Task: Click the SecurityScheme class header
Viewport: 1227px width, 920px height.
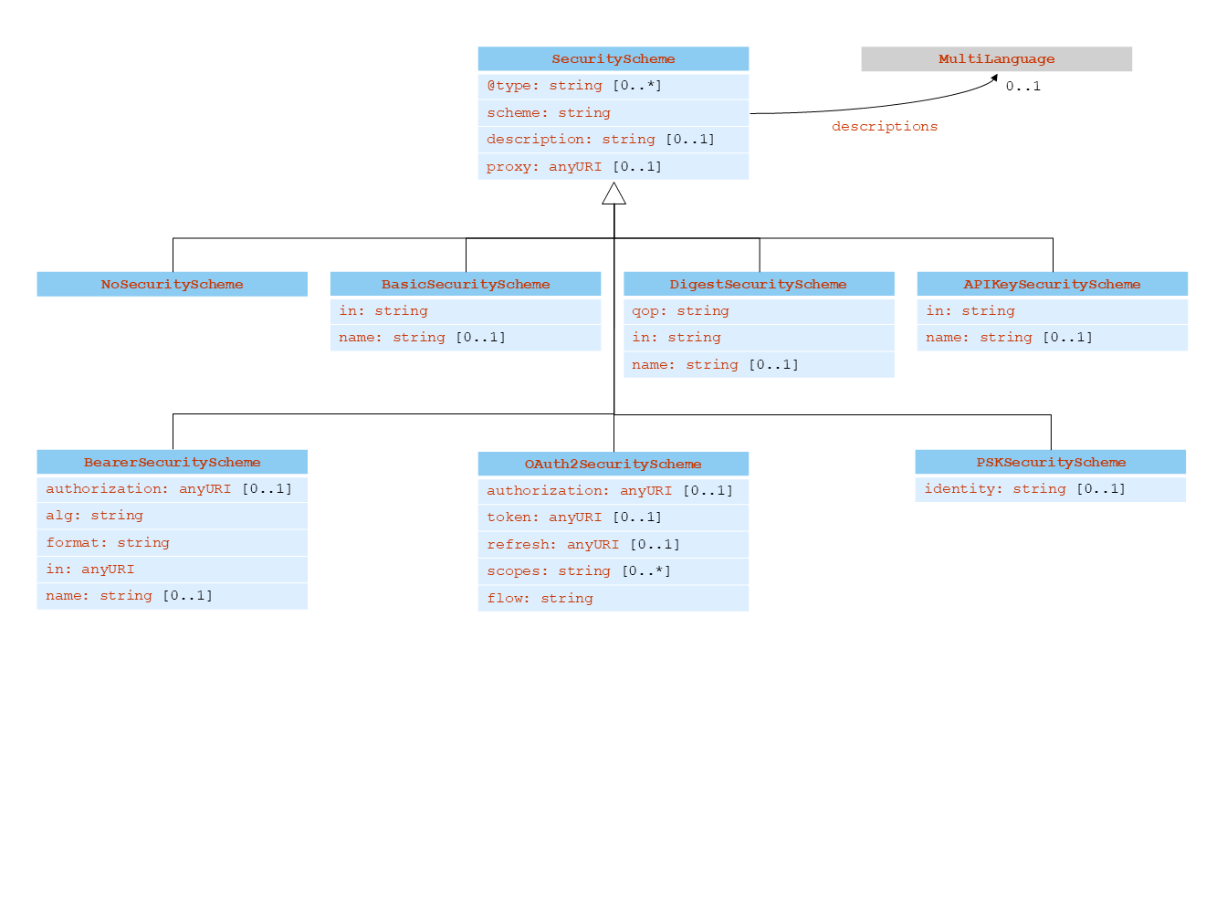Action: pyautogui.click(x=613, y=59)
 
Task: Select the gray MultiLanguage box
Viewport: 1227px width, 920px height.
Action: pyautogui.click(x=996, y=59)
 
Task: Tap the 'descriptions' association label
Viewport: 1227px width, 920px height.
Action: pyautogui.click(x=884, y=127)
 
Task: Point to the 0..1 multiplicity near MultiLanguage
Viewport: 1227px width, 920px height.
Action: pyautogui.click(x=1022, y=87)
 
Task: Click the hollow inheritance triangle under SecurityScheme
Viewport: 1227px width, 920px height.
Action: pyautogui.click(x=614, y=193)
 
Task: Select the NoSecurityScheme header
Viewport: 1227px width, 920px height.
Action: pyautogui.click(x=172, y=285)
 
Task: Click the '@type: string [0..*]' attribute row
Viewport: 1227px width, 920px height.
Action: pyautogui.click(x=613, y=86)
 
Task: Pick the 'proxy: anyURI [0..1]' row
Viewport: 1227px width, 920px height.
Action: pyautogui.click(x=613, y=167)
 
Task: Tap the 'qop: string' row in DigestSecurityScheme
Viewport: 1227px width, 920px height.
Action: pyautogui.click(x=758, y=311)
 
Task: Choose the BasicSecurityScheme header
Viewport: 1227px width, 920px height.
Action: pyautogui.click(x=466, y=285)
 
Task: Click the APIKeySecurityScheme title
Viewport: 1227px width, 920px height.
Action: pyautogui.click(x=1052, y=285)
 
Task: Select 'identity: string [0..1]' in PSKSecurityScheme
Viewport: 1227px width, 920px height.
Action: pyautogui.click(x=1050, y=489)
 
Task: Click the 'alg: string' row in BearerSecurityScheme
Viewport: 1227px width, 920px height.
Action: pyautogui.click(x=172, y=516)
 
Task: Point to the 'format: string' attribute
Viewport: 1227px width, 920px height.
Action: pyautogui.click(x=172, y=543)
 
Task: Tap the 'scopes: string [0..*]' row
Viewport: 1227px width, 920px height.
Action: pyautogui.click(x=613, y=571)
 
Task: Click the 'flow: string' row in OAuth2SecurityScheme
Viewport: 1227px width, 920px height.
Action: pyautogui.click(x=613, y=599)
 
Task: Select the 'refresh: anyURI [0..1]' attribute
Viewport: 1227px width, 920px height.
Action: pyautogui.click(x=613, y=545)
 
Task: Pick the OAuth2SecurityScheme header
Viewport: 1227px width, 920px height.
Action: pyautogui.click(x=613, y=465)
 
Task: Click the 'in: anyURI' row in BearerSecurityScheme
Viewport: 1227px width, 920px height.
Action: pyautogui.click(x=172, y=570)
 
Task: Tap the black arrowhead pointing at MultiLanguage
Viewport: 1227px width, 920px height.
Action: pyautogui.click(x=994, y=79)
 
